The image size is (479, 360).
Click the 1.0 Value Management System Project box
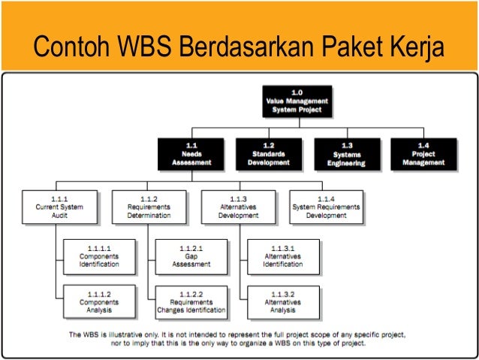[x=297, y=101]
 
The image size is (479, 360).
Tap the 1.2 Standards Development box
[x=269, y=153]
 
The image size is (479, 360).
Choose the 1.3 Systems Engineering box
[x=346, y=153]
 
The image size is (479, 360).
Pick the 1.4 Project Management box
[x=423, y=153]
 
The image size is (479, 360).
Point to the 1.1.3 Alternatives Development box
[x=238, y=207]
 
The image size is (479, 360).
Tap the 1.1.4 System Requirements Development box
[x=326, y=207]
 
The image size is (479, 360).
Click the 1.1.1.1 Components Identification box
[x=100, y=257]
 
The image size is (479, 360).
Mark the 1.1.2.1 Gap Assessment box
[x=191, y=257]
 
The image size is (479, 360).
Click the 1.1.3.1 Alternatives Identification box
[x=283, y=257]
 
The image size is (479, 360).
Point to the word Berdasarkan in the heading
[x=246, y=49]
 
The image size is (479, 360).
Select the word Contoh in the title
[x=65, y=49]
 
